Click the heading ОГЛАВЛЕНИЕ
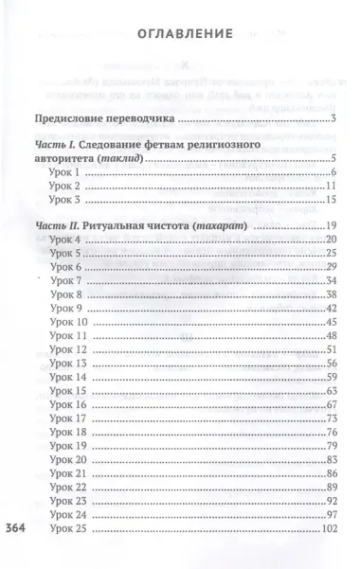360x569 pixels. pos(180,34)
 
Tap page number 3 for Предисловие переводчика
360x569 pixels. pos(335,119)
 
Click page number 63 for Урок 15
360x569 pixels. pos(332,390)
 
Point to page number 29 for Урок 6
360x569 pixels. pos(332,269)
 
